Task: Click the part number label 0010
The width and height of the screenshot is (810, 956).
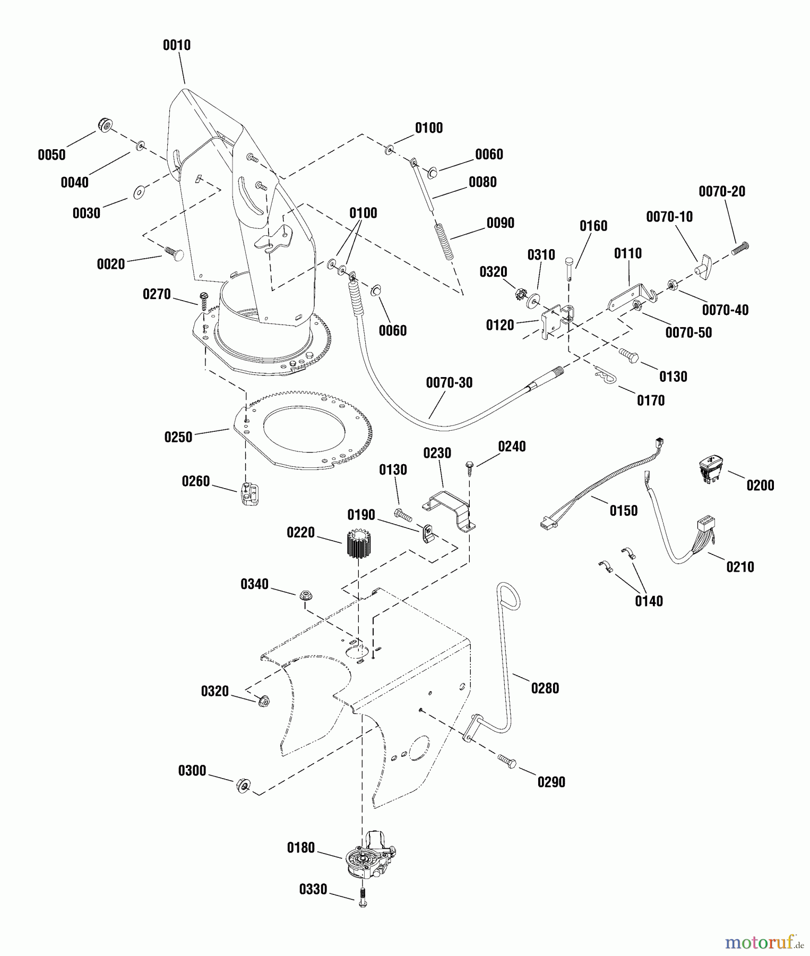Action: pos(177,45)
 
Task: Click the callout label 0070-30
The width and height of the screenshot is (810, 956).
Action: pos(449,383)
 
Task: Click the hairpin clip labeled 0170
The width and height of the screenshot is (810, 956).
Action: pos(604,374)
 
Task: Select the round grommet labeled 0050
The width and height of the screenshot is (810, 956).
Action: pos(105,126)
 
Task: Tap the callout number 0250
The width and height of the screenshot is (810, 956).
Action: pos(178,438)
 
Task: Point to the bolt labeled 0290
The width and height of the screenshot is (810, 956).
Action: pos(507,761)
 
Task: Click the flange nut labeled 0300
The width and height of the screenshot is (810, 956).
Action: pos(243,784)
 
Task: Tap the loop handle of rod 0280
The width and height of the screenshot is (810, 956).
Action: pos(509,595)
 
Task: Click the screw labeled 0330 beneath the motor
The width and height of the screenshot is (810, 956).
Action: pos(363,897)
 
